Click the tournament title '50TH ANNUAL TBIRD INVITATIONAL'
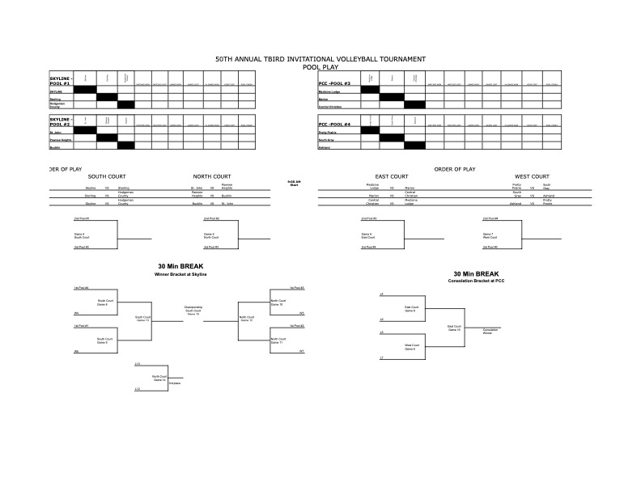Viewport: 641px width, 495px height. (320, 59)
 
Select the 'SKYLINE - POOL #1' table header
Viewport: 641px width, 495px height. (61, 81)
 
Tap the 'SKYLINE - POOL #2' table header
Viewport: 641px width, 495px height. (61, 122)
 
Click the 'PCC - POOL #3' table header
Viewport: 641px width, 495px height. (334, 83)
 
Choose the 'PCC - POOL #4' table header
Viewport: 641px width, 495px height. (334, 125)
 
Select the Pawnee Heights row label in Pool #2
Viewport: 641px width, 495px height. (63, 138)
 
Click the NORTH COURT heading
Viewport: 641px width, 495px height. (213, 176)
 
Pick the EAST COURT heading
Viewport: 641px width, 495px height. (392, 176)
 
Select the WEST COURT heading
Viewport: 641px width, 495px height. (532, 176)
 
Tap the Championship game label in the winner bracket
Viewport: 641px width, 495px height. (193, 308)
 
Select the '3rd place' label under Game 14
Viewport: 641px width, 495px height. (173, 383)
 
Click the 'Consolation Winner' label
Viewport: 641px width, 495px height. (490, 331)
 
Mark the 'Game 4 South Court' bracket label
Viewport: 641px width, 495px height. (79, 235)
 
